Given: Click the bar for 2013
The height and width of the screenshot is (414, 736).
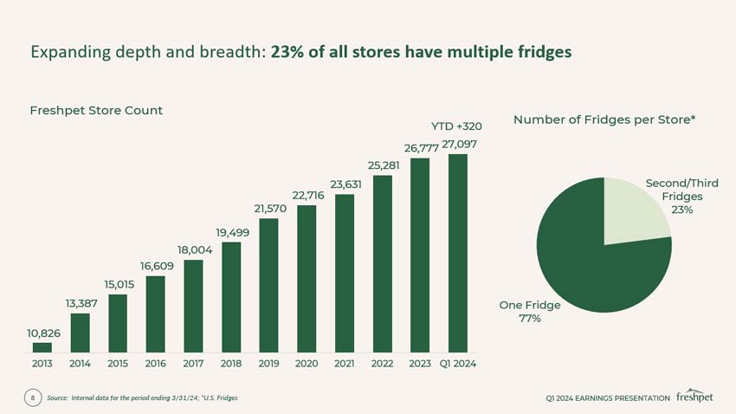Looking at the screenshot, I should coord(42,347).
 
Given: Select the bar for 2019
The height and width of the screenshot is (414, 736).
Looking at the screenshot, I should coord(268,285).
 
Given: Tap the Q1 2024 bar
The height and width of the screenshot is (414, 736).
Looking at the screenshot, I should coord(458,253).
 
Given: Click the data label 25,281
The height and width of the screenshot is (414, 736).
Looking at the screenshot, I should coord(382,165).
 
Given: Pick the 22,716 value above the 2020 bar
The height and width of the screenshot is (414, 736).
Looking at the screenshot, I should coord(307,196).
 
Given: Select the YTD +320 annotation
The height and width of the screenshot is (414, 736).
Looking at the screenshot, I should coord(456,126).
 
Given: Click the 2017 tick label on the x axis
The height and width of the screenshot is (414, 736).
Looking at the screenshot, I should coord(193,364).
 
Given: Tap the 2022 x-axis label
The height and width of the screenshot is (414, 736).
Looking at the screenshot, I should coord(382,364).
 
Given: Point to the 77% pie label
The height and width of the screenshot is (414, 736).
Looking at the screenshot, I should coord(530,319).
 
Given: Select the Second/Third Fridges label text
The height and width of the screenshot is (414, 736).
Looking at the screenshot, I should coord(681,190).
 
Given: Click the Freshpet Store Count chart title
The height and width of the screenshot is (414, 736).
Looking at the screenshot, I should coord(96,111).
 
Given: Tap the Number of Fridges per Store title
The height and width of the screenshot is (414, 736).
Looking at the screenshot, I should coord(604,120).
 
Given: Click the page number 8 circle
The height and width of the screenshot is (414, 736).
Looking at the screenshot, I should coord(32,398).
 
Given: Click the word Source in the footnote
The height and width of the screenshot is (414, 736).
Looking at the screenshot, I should coord(57,398).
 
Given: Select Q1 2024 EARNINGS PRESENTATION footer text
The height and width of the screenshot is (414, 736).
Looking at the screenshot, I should coord(607,398).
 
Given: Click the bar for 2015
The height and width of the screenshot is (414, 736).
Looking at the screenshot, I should coord(118,323).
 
